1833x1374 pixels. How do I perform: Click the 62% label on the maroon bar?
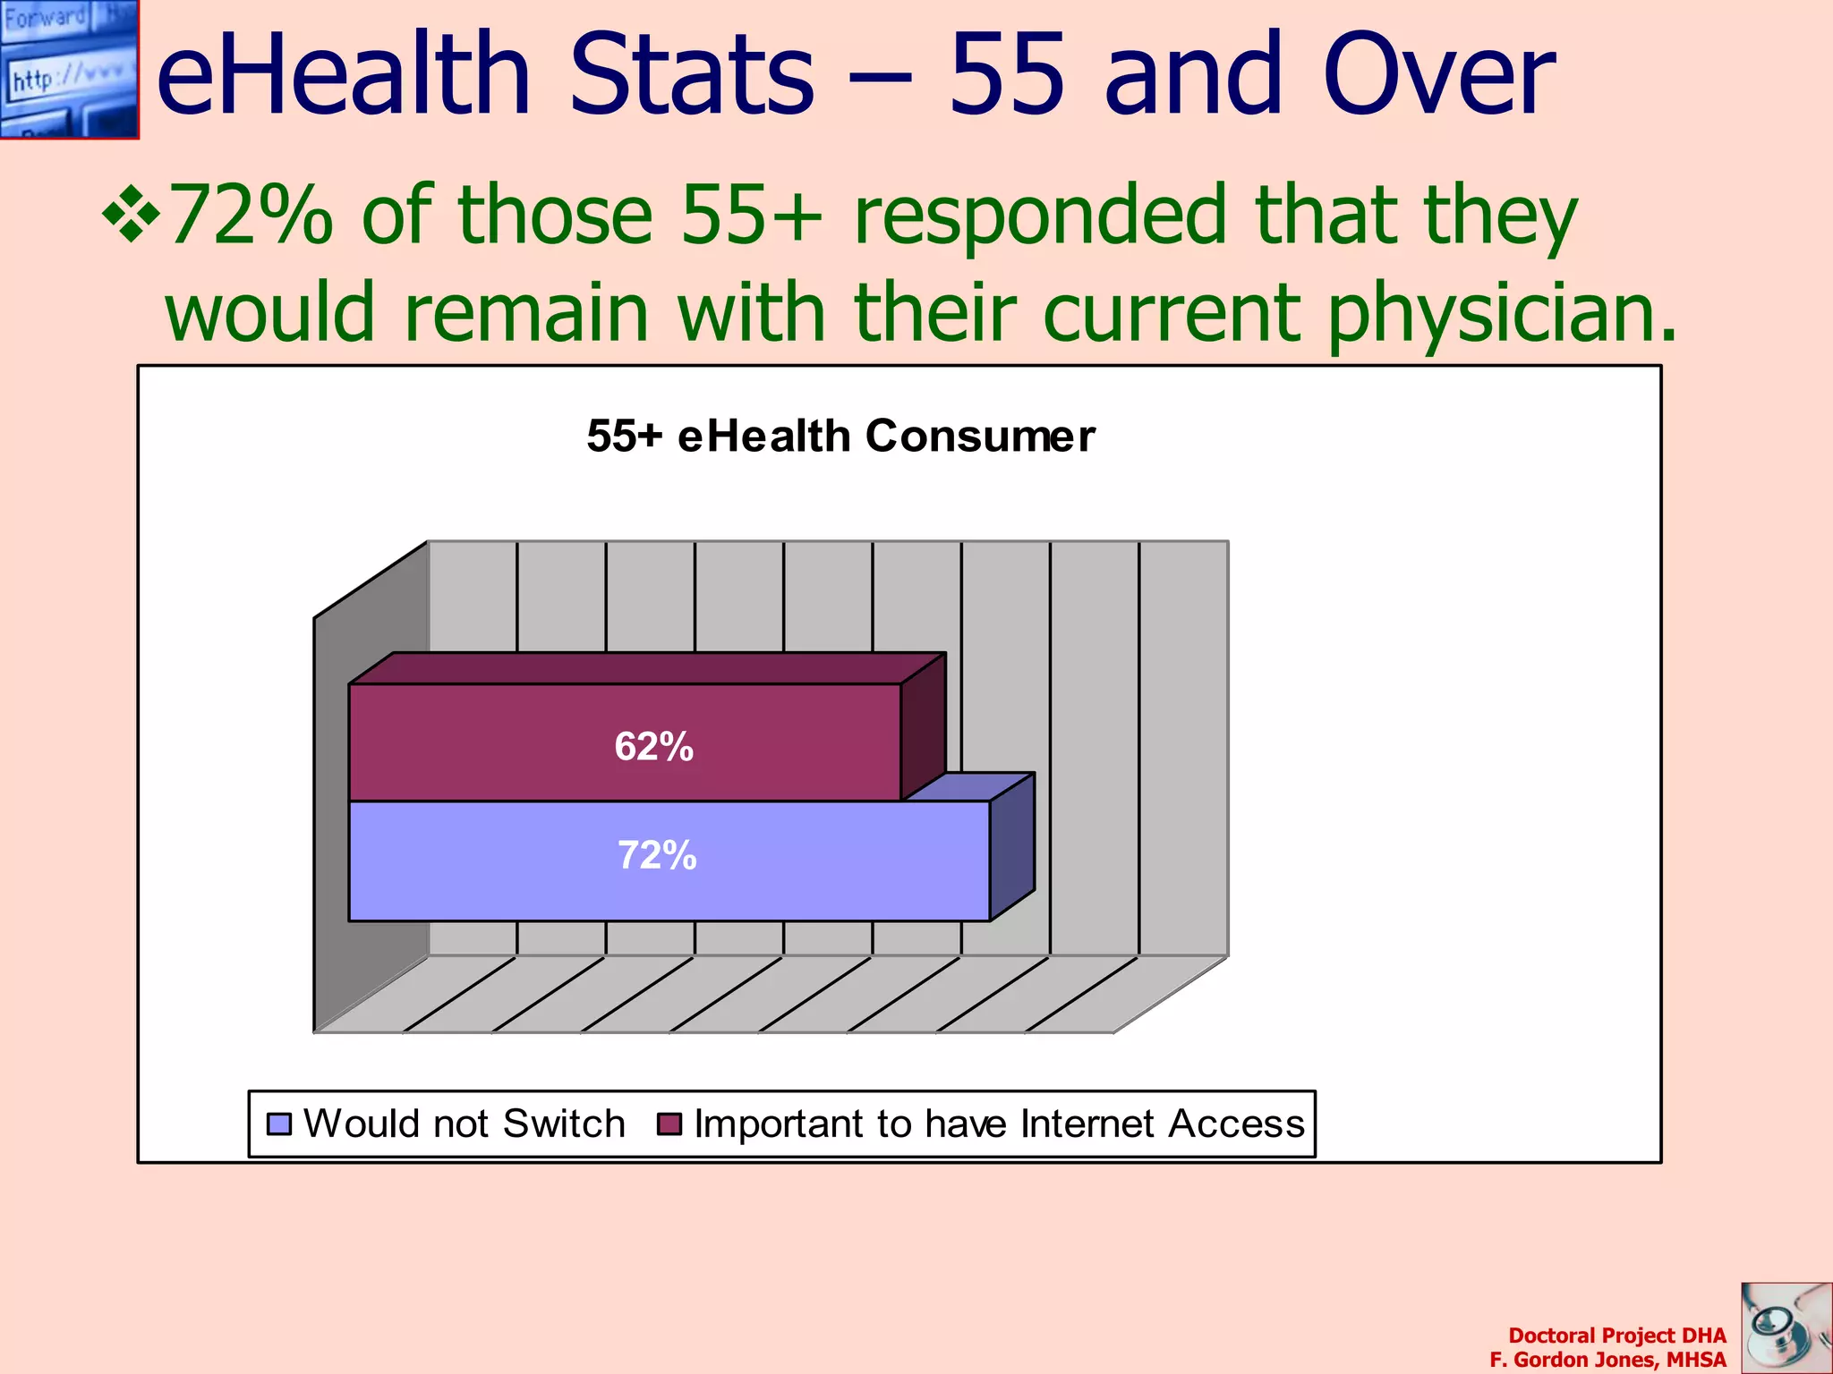coord(653,747)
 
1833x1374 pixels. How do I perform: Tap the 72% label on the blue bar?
coord(657,856)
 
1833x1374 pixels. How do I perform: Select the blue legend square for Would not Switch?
coord(280,1124)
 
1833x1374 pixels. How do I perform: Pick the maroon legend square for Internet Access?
coord(669,1124)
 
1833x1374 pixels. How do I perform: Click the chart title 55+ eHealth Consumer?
coord(840,437)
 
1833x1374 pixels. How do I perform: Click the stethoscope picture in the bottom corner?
coord(1786,1328)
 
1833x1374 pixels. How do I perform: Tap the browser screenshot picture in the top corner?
coord(69,69)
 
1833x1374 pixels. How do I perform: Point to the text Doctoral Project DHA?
coord(1616,1336)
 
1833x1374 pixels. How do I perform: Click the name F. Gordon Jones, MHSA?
coord(1607,1360)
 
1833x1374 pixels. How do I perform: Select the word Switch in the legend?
coord(564,1124)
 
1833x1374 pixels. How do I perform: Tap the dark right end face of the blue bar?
coord(1012,847)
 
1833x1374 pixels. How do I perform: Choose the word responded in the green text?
coord(1039,215)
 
